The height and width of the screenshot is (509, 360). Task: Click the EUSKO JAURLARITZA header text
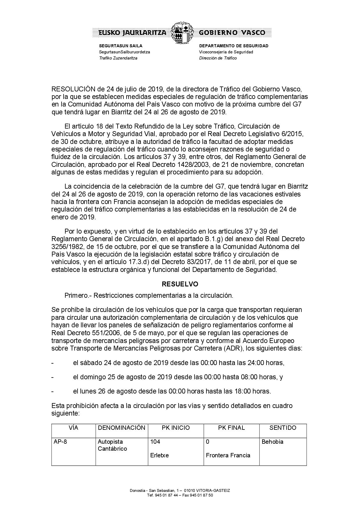click(133, 33)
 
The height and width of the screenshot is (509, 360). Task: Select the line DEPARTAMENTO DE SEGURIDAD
click(233, 46)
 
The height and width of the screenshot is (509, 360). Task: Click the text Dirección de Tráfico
click(218, 58)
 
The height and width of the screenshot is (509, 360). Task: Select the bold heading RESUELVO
click(180, 284)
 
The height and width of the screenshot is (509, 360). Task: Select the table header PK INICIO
click(176, 428)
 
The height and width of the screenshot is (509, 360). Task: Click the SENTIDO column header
click(283, 428)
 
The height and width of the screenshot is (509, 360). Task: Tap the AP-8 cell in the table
click(60, 442)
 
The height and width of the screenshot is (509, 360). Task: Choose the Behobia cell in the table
click(272, 442)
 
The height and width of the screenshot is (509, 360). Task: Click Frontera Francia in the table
click(228, 455)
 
